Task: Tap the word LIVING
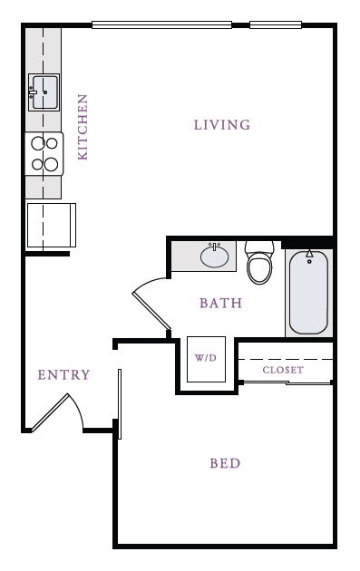222,125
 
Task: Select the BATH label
221,304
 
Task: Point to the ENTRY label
63,375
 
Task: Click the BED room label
225,464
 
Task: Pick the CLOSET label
283,371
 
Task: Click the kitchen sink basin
44,92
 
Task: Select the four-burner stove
44,153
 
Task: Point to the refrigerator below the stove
51,225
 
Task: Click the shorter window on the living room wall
276,24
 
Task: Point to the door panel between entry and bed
120,402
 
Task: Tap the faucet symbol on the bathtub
309,255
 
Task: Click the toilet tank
259,247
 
